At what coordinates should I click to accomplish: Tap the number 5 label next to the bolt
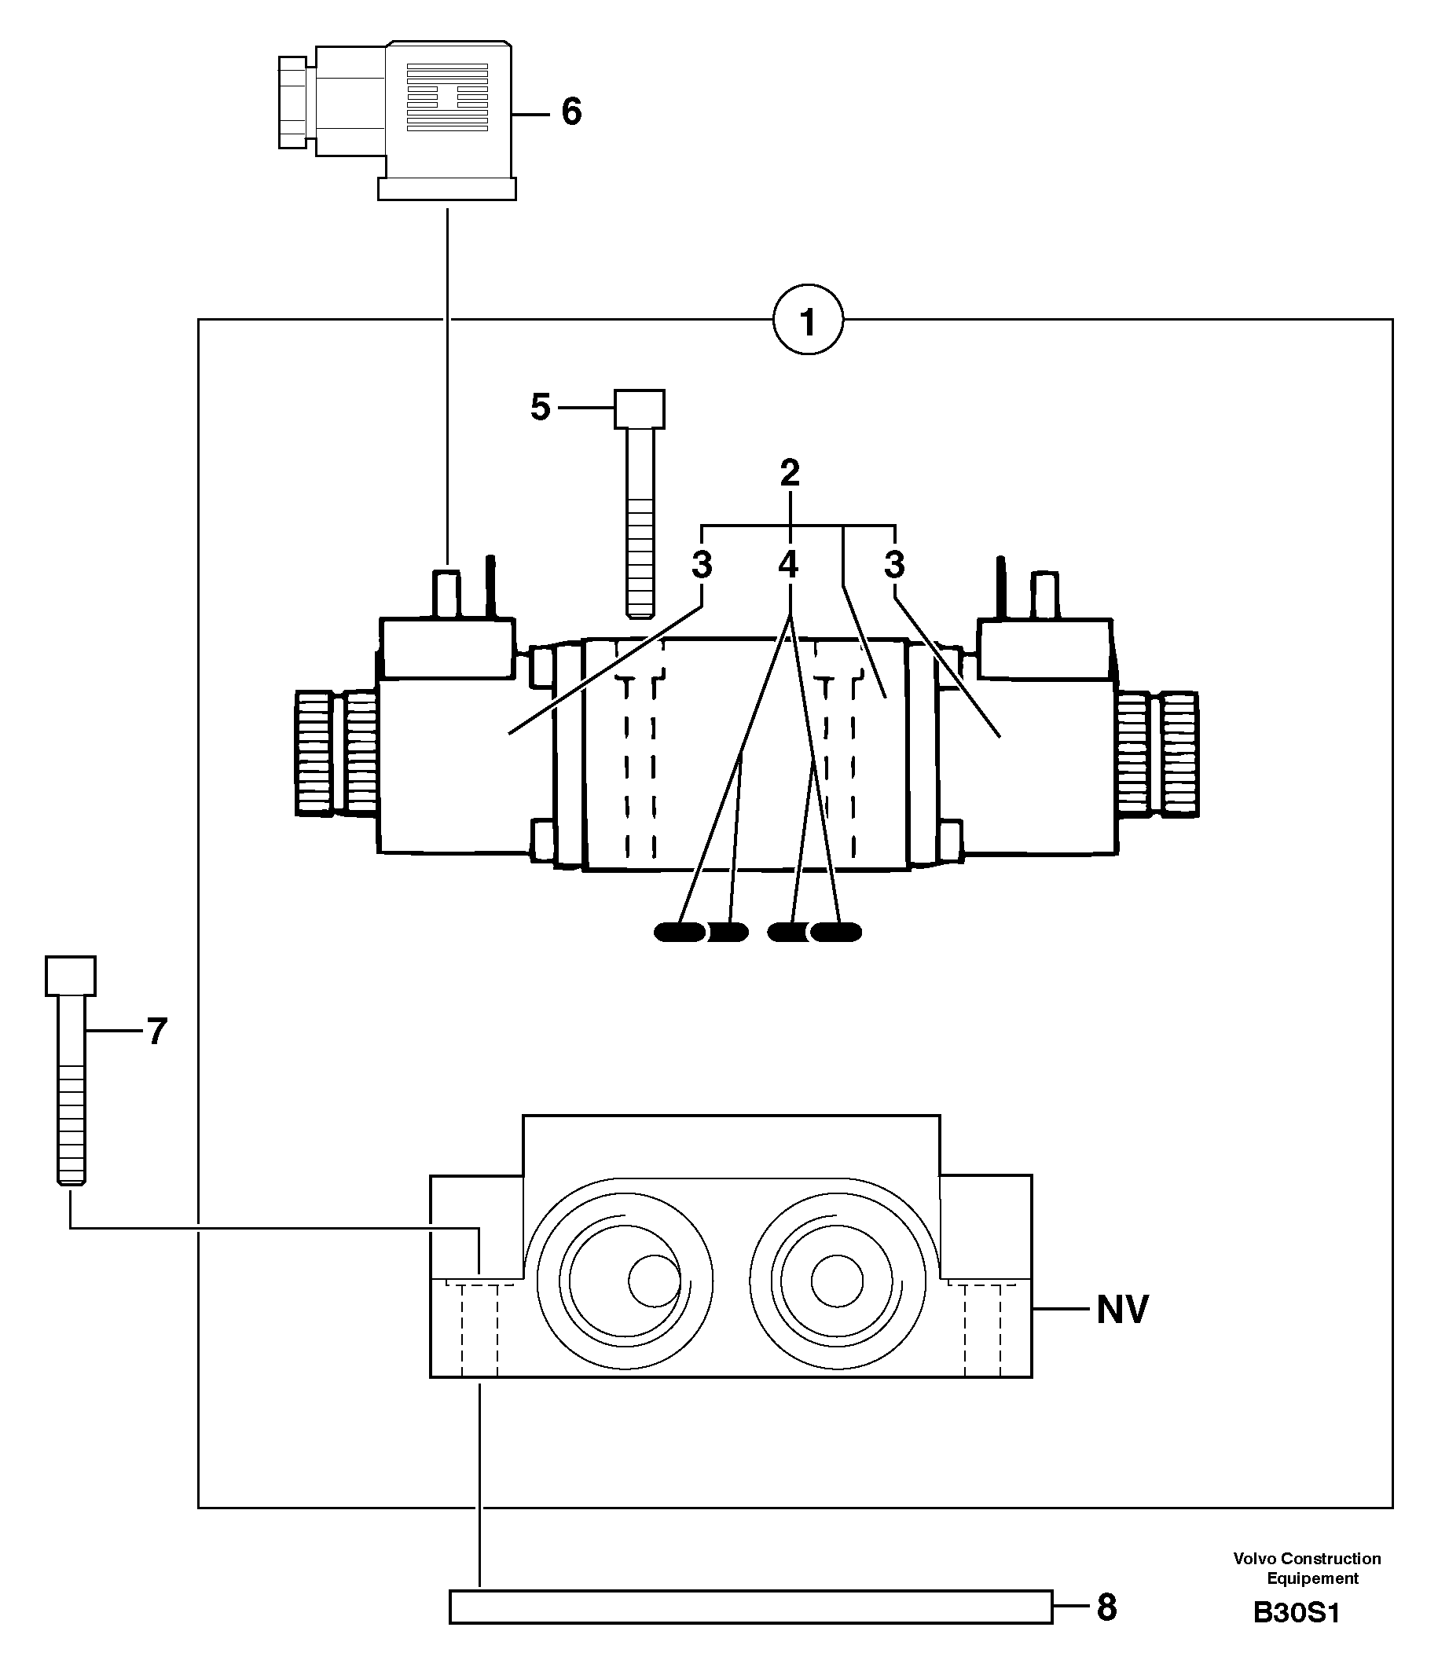tap(540, 408)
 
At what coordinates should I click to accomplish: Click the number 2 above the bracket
tap(790, 473)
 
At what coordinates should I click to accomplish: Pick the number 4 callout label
tap(788, 564)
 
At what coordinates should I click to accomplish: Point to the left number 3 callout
tap(702, 565)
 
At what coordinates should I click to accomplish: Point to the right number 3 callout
tap(894, 565)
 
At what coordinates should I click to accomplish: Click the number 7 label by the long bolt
tap(157, 1032)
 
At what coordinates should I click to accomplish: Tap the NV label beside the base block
tap(1121, 1310)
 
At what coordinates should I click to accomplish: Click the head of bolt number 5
tap(640, 409)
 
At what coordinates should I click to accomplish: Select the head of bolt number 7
tap(71, 976)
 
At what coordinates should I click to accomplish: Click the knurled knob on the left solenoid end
tap(336, 752)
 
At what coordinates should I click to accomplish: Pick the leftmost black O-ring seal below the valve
tap(679, 932)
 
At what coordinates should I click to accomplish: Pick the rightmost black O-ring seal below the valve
tap(836, 932)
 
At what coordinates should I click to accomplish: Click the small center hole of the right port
tap(837, 1281)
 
